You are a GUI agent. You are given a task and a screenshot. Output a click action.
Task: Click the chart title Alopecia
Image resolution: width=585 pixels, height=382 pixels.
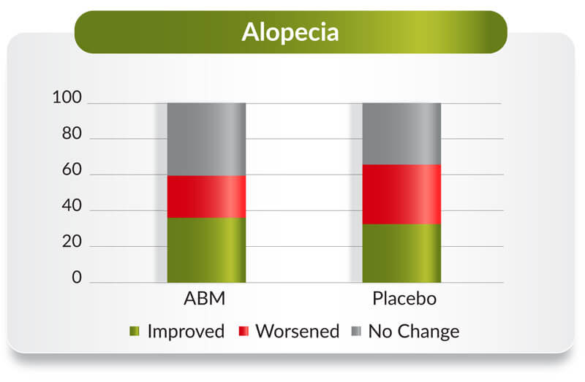coord(290,32)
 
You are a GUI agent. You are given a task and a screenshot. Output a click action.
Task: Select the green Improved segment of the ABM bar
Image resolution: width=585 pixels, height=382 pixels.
coord(206,250)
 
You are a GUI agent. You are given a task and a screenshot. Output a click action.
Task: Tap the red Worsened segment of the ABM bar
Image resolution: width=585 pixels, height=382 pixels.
coord(206,196)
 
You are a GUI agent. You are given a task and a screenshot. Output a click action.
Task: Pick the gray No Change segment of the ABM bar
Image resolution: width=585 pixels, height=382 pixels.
coord(206,140)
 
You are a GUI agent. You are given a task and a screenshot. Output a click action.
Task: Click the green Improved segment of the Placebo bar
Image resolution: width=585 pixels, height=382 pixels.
coord(401,253)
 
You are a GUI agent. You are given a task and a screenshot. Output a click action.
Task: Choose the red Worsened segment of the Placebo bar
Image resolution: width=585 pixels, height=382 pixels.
coord(401,194)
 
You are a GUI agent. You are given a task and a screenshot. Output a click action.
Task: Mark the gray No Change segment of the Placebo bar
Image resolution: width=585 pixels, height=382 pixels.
coord(401,134)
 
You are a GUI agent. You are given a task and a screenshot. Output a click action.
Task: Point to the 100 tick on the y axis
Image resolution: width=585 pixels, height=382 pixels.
coord(67,97)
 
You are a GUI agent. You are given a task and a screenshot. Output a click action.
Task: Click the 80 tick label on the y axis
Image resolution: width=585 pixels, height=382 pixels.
coord(72,134)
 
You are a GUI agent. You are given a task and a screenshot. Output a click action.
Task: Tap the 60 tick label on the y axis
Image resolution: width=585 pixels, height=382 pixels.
coord(72,169)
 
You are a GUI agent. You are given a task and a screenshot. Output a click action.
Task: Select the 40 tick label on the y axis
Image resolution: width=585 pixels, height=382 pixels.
coord(72,205)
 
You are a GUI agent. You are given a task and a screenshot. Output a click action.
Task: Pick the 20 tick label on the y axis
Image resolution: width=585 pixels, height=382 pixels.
coord(72,242)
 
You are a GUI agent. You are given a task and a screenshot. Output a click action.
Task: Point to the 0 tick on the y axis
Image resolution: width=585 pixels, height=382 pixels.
coord(77,278)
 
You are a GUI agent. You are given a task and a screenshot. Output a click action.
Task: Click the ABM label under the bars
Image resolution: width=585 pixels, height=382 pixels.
coord(205,299)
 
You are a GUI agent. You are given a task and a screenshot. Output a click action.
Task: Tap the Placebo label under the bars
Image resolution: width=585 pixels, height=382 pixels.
coord(404,299)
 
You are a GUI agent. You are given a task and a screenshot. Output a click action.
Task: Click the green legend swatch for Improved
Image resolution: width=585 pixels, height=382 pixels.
coord(135,331)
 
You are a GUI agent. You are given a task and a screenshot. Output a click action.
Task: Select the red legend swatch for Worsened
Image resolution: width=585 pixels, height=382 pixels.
coord(244,331)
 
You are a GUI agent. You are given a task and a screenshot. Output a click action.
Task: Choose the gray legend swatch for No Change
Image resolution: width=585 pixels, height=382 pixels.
coord(356,331)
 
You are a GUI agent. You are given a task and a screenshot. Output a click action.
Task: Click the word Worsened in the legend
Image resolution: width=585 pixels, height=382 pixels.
coord(298,332)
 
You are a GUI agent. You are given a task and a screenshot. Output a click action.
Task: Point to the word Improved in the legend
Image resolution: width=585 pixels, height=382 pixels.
coord(186,332)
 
